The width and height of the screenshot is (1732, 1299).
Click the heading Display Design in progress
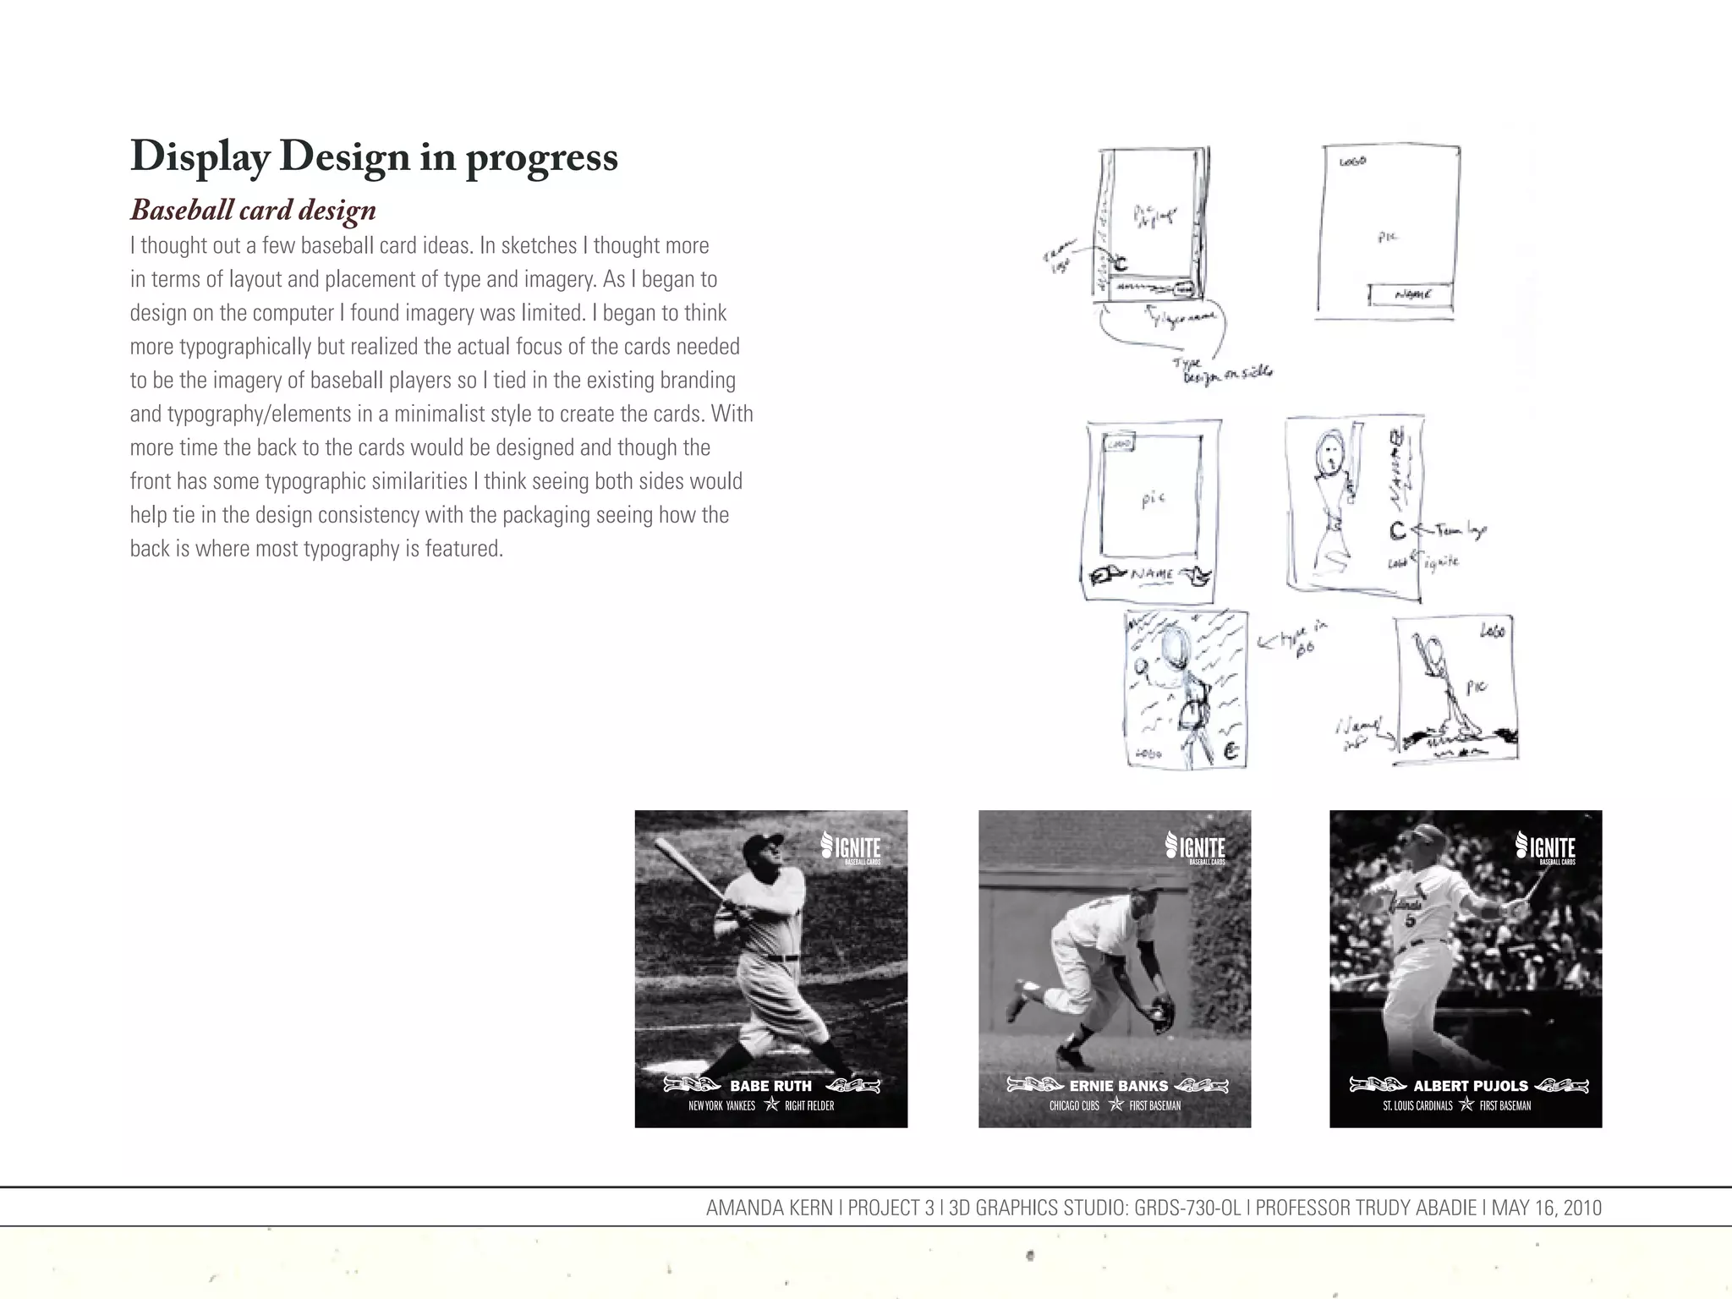click(x=374, y=157)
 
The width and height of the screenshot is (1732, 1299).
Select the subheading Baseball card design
click(x=253, y=210)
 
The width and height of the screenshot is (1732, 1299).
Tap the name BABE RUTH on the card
click(x=770, y=1086)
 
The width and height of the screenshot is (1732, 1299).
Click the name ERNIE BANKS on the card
click(x=1118, y=1086)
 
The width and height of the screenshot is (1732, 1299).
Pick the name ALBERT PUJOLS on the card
click(x=1471, y=1086)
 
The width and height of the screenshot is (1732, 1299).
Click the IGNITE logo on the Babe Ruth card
click(x=852, y=847)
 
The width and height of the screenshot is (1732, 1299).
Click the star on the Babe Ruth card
click(x=770, y=1104)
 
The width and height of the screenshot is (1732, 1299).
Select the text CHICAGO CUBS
click(x=1074, y=1105)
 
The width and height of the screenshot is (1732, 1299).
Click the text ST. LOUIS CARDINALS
click(x=1417, y=1105)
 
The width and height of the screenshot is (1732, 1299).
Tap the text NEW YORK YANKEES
click(x=721, y=1105)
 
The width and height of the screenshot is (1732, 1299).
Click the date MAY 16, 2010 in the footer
click(x=1546, y=1208)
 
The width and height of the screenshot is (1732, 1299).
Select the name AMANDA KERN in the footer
click(x=769, y=1208)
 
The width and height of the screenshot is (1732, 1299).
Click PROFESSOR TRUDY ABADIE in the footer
click(x=1368, y=1208)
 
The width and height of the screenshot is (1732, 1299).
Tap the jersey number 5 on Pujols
click(x=1410, y=920)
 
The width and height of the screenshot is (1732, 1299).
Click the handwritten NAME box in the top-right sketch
click(x=1411, y=295)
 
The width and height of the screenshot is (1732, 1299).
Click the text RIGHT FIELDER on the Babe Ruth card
click(x=809, y=1105)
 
